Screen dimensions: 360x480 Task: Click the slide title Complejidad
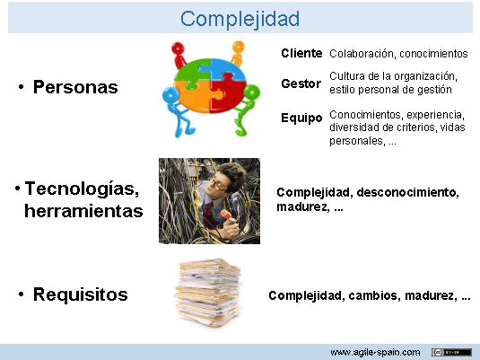(240, 18)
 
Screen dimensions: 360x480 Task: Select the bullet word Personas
(75, 88)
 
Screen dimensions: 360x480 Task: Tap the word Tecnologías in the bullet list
(82, 189)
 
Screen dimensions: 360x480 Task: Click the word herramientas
(83, 211)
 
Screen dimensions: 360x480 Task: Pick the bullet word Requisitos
(80, 294)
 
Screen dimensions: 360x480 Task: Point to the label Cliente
(301, 53)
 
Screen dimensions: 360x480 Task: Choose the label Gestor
(301, 83)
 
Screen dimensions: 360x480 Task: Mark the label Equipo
(301, 119)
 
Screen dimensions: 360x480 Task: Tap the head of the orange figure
(239, 46)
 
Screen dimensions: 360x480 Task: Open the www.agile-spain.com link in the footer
(376, 351)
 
